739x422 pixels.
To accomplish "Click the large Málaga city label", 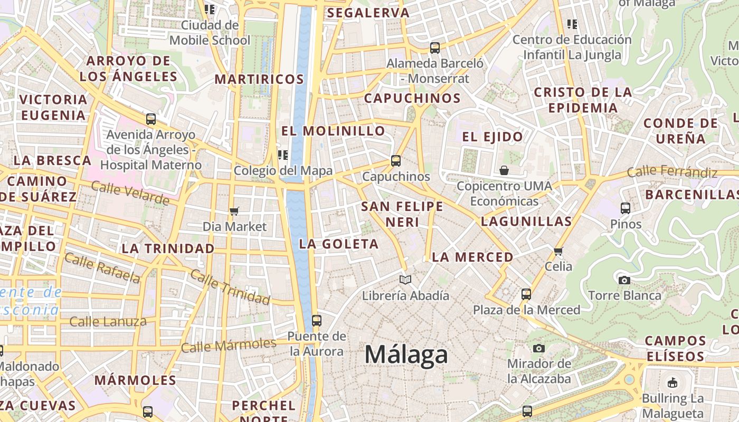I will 406,354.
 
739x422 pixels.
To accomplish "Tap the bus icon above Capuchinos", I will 396,161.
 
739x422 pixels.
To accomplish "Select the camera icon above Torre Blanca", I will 624,280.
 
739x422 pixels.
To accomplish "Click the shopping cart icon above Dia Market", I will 234,211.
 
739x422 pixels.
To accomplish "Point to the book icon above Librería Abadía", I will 405,280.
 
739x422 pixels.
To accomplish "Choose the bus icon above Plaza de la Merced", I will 526,294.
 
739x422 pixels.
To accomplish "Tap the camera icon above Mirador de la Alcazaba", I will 539,348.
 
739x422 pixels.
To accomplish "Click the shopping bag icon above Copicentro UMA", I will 504,170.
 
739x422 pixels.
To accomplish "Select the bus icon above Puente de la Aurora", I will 317,320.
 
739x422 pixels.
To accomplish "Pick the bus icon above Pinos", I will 626,208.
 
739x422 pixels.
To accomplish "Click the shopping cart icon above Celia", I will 558,251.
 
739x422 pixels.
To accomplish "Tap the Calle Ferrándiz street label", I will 672,171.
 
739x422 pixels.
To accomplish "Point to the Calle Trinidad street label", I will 230,287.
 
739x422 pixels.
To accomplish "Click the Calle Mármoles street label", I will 229,346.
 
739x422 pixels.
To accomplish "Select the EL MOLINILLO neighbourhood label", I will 333,131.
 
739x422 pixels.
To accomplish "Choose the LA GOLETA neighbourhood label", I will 339,244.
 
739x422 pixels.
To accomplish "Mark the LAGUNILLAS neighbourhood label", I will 526,222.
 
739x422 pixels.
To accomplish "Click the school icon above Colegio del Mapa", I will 283,155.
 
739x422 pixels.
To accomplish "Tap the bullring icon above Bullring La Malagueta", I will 672,383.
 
